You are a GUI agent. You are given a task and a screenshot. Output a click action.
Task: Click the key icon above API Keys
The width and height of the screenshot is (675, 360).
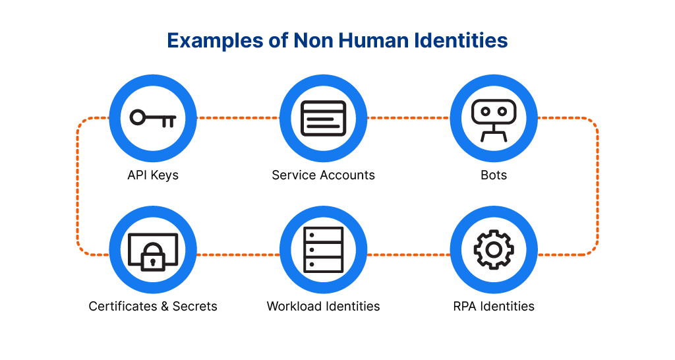click(x=152, y=119)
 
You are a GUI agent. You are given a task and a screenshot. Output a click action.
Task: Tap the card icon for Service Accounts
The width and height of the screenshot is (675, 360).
click(x=323, y=119)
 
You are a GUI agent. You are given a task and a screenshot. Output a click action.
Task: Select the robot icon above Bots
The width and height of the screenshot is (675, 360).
click(x=493, y=119)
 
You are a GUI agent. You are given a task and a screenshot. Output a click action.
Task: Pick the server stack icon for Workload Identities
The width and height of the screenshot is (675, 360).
click(x=323, y=250)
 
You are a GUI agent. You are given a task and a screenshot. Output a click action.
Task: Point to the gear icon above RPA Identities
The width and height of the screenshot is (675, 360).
click(x=493, y=250)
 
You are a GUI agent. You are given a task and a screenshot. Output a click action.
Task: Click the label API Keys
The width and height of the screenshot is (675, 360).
click(x=153, y=175)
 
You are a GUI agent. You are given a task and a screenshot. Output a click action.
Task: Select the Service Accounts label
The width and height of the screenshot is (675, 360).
click(x=323, y=175)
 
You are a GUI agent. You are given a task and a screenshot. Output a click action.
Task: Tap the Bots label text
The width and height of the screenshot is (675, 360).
click(x=494, y=175)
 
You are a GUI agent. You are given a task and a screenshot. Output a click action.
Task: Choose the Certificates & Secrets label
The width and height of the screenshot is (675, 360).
click(x=153, y=306)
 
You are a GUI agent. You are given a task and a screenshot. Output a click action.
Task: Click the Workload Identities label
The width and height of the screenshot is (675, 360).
click(x=323, y=306)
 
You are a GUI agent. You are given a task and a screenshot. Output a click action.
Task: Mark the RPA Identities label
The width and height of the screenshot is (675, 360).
click(x=494, y=306)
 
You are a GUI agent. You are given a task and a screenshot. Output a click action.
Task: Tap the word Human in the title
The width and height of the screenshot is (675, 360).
click(x=372, y=40)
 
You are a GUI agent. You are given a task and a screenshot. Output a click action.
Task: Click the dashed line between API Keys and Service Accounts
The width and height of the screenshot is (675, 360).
click(x=238, y=119)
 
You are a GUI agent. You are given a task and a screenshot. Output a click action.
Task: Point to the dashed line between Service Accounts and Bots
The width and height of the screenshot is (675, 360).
click(x=408, y=119)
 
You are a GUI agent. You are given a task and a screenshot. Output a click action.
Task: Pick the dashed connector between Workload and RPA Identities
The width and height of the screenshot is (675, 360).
click(x=408, y=255)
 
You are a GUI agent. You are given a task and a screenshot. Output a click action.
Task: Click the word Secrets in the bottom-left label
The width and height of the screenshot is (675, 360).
click(x=194, y=306)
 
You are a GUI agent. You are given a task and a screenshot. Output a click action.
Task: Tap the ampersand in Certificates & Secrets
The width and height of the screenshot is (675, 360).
click(x=163, y=306)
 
